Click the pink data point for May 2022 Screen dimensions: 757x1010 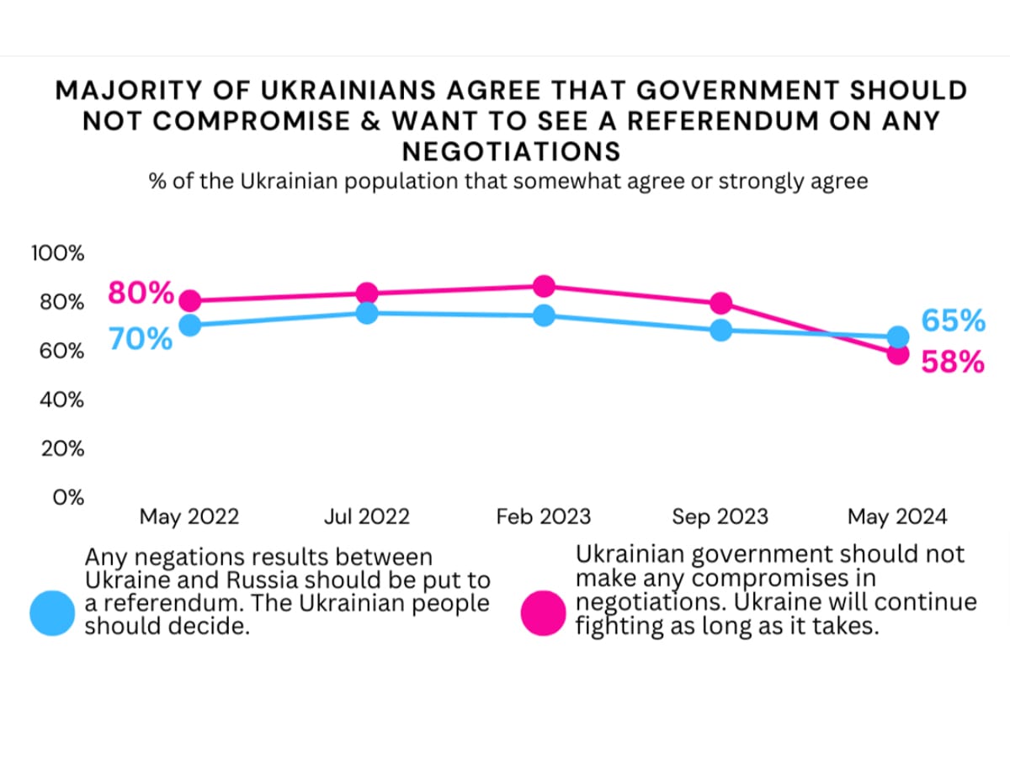pos(190,301)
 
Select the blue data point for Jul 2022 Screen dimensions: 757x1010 pos(367,313)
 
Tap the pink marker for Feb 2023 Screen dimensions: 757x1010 pos(544,286)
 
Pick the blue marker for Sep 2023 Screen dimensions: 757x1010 pos(720,330)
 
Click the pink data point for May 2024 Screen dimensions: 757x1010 pos(897,354)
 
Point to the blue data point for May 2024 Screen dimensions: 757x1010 pos(897,336)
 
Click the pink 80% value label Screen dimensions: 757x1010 pos(141,294)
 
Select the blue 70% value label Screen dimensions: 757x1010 pos(141,340)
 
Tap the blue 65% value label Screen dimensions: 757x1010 pos(953,320)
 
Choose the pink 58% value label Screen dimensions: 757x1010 pos(953,362)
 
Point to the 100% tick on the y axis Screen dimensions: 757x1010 pos(57,253)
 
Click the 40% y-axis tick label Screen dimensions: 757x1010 pos(61,400)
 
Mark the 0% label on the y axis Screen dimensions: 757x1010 pos(68,497)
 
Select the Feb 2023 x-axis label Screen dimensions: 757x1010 pos(544,516)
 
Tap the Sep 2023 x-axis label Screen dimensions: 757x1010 pos(720,516)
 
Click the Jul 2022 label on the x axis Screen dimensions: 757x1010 pos(367,516)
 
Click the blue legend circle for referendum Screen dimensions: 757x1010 pos(53,612)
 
